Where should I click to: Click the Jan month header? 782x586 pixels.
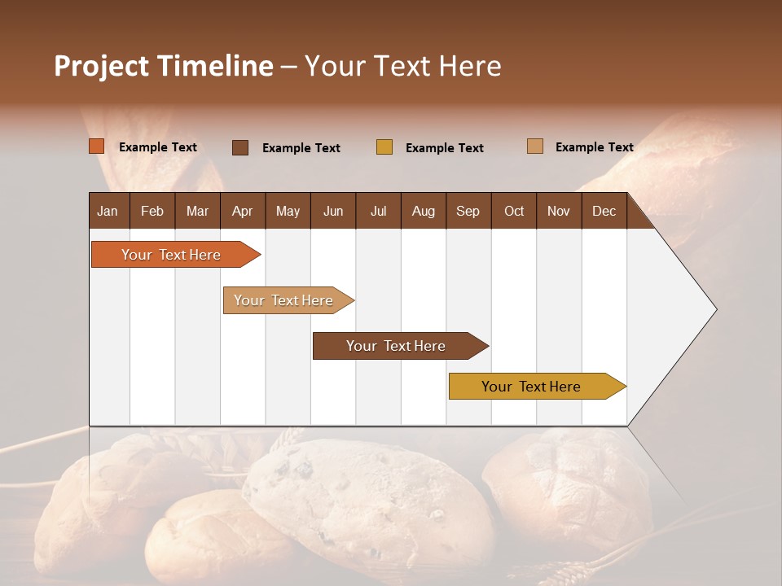click(108, 211)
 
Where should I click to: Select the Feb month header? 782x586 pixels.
click(152, 211)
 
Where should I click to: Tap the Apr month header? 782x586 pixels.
click(242, 211)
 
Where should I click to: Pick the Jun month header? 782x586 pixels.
click(333, 211)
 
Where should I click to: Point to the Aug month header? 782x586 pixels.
click(423, 211)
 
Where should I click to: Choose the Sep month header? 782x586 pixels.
click(468, 211)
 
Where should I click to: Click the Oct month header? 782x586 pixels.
click(514, 211)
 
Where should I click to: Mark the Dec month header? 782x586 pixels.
click(604, 211)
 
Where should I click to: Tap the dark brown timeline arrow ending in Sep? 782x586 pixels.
click(397, 346)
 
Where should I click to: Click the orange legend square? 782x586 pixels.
click(97, 146)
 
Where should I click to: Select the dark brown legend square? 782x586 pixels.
click(240, 147)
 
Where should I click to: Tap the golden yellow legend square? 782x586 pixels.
click(384, 147)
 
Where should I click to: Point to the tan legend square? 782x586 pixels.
click(535, 146)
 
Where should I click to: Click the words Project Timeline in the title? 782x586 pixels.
click(163, 66)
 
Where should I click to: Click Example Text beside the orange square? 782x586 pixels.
click(158, 147)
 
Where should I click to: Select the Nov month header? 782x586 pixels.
click(558, 211)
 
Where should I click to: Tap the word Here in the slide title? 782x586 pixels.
click(470, 66)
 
